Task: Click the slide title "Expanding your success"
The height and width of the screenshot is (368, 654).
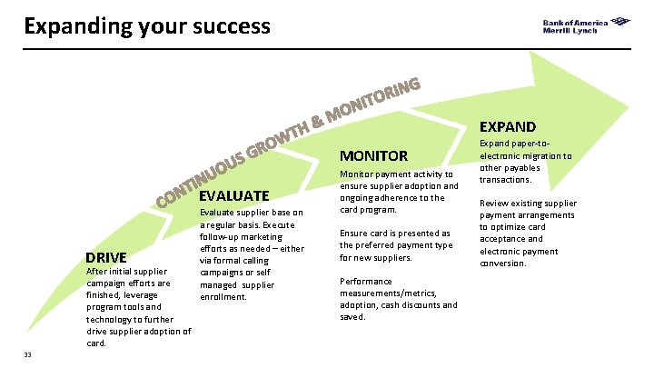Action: coord(147,25)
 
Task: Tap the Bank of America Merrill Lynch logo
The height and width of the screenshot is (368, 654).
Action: coord(588,26)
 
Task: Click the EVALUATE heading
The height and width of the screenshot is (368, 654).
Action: coord(233,195)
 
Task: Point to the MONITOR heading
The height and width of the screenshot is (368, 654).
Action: coord(373,155)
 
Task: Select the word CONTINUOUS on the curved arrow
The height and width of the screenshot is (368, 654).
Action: coord(201,174)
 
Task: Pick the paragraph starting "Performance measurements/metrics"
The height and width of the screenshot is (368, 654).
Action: coord(398,299)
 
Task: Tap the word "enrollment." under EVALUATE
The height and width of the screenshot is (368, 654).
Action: coord(223,296)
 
